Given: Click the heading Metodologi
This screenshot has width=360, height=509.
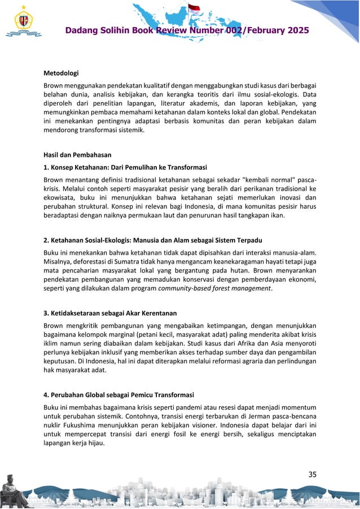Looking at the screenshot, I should (x=61, y=72).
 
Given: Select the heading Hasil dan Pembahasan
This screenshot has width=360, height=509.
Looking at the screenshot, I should (x=75, y=155).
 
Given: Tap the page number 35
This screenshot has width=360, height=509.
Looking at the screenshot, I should (x=311, y=474).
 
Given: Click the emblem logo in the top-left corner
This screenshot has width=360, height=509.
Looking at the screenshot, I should (x=23, y=22).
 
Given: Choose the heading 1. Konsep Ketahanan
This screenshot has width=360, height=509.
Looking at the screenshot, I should (x=125, y=167).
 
